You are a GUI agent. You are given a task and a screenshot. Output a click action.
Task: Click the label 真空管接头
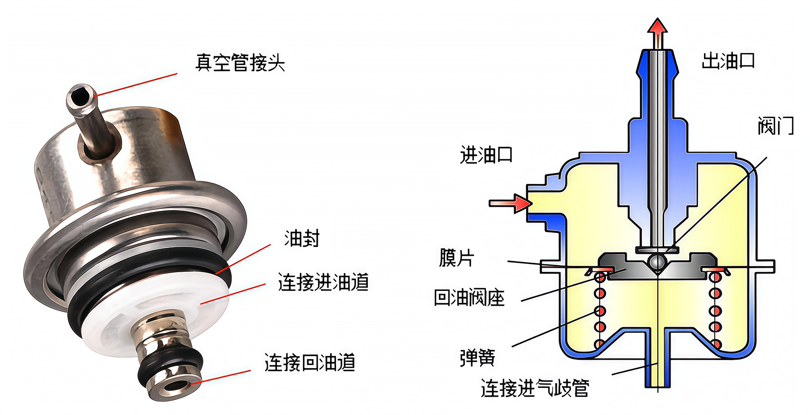tap(240, 63)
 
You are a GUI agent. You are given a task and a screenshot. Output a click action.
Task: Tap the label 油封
tap(302, 238)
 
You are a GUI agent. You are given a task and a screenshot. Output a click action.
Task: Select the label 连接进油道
tap(323, 282)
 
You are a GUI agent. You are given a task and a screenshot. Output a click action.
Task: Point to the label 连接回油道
tap(309, 363)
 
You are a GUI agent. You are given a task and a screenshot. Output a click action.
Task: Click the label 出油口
tap(728, 61)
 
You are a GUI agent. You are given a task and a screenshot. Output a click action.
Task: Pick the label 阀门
tap(776, 125)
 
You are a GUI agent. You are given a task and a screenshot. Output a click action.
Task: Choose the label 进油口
tap(486, 155)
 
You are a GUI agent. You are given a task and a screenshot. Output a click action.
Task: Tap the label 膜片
tap(457, 258)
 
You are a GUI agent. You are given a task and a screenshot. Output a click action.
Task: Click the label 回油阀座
tap(469, 298)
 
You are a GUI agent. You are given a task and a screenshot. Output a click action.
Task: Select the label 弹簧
tap(477, 357)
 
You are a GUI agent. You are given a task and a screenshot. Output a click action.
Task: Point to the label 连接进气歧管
tap(535, 388)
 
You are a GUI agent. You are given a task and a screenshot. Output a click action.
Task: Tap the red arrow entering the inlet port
tap(511, 203)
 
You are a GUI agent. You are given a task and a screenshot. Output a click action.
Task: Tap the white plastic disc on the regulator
tap(155, 316)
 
